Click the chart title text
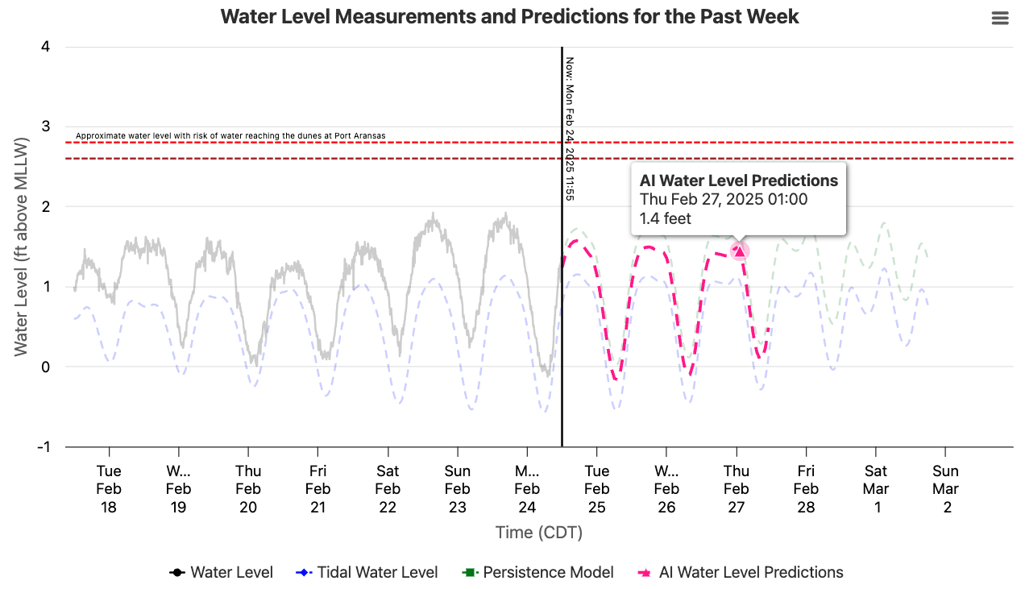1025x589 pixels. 509,17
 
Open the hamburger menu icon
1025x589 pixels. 1000,19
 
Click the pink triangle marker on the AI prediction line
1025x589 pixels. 740,251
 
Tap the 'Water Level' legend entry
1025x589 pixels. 222,573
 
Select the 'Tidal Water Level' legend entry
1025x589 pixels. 367,573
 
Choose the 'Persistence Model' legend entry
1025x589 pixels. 538,573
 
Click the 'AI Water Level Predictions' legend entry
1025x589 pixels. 741,573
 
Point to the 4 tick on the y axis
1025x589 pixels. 45,47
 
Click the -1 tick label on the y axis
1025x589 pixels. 41,447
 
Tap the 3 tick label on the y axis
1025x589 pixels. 45,127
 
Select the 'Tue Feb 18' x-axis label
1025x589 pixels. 109,489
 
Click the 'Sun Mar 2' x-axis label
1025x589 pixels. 946,489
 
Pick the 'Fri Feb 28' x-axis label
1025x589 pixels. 806,489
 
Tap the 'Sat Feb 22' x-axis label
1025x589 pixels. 388,489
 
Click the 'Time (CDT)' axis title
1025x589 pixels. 538,533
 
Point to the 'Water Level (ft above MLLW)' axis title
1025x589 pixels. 21,247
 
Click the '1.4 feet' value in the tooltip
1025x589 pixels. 666,218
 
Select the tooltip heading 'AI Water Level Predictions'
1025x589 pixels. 739,180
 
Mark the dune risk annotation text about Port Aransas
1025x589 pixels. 230,135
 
